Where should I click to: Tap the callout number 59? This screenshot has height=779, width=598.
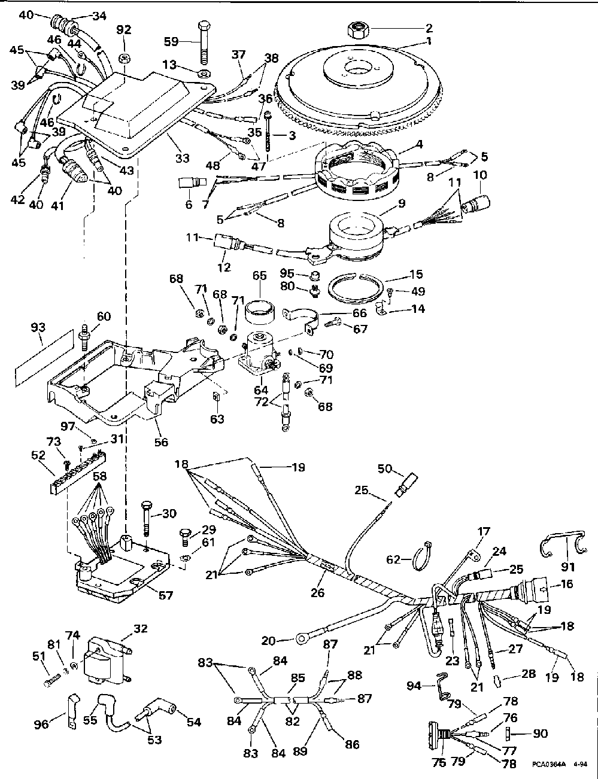pos(171,42)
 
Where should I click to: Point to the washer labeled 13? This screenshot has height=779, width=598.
pos(204,73)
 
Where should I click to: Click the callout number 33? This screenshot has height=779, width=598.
pos(182,158)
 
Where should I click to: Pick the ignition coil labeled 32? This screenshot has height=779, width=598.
pos(107,661)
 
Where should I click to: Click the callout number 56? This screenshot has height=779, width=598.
pos(161,442)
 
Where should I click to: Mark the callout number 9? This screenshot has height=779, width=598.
pos(402,203)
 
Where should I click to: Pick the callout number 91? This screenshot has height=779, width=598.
pos(568,567)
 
